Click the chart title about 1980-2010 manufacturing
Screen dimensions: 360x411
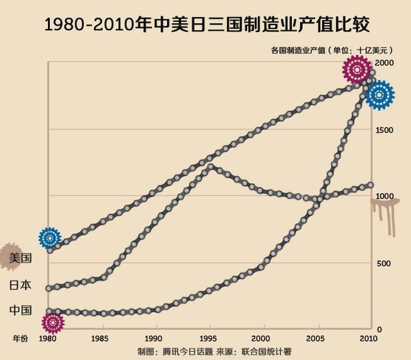pyautogui.click(x=206, y=25)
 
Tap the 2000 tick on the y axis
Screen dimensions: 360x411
pyautogui.click(x=386, y=63)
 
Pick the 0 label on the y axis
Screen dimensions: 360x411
pyautogui.click(x=380, y=329)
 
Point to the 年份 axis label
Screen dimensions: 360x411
pyautogui.click(x=21, y=338)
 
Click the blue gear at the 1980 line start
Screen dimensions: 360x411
pyautogui.click(x=49, y=237)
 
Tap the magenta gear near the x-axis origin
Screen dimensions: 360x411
pyautogui.click(x=52, y=322)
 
